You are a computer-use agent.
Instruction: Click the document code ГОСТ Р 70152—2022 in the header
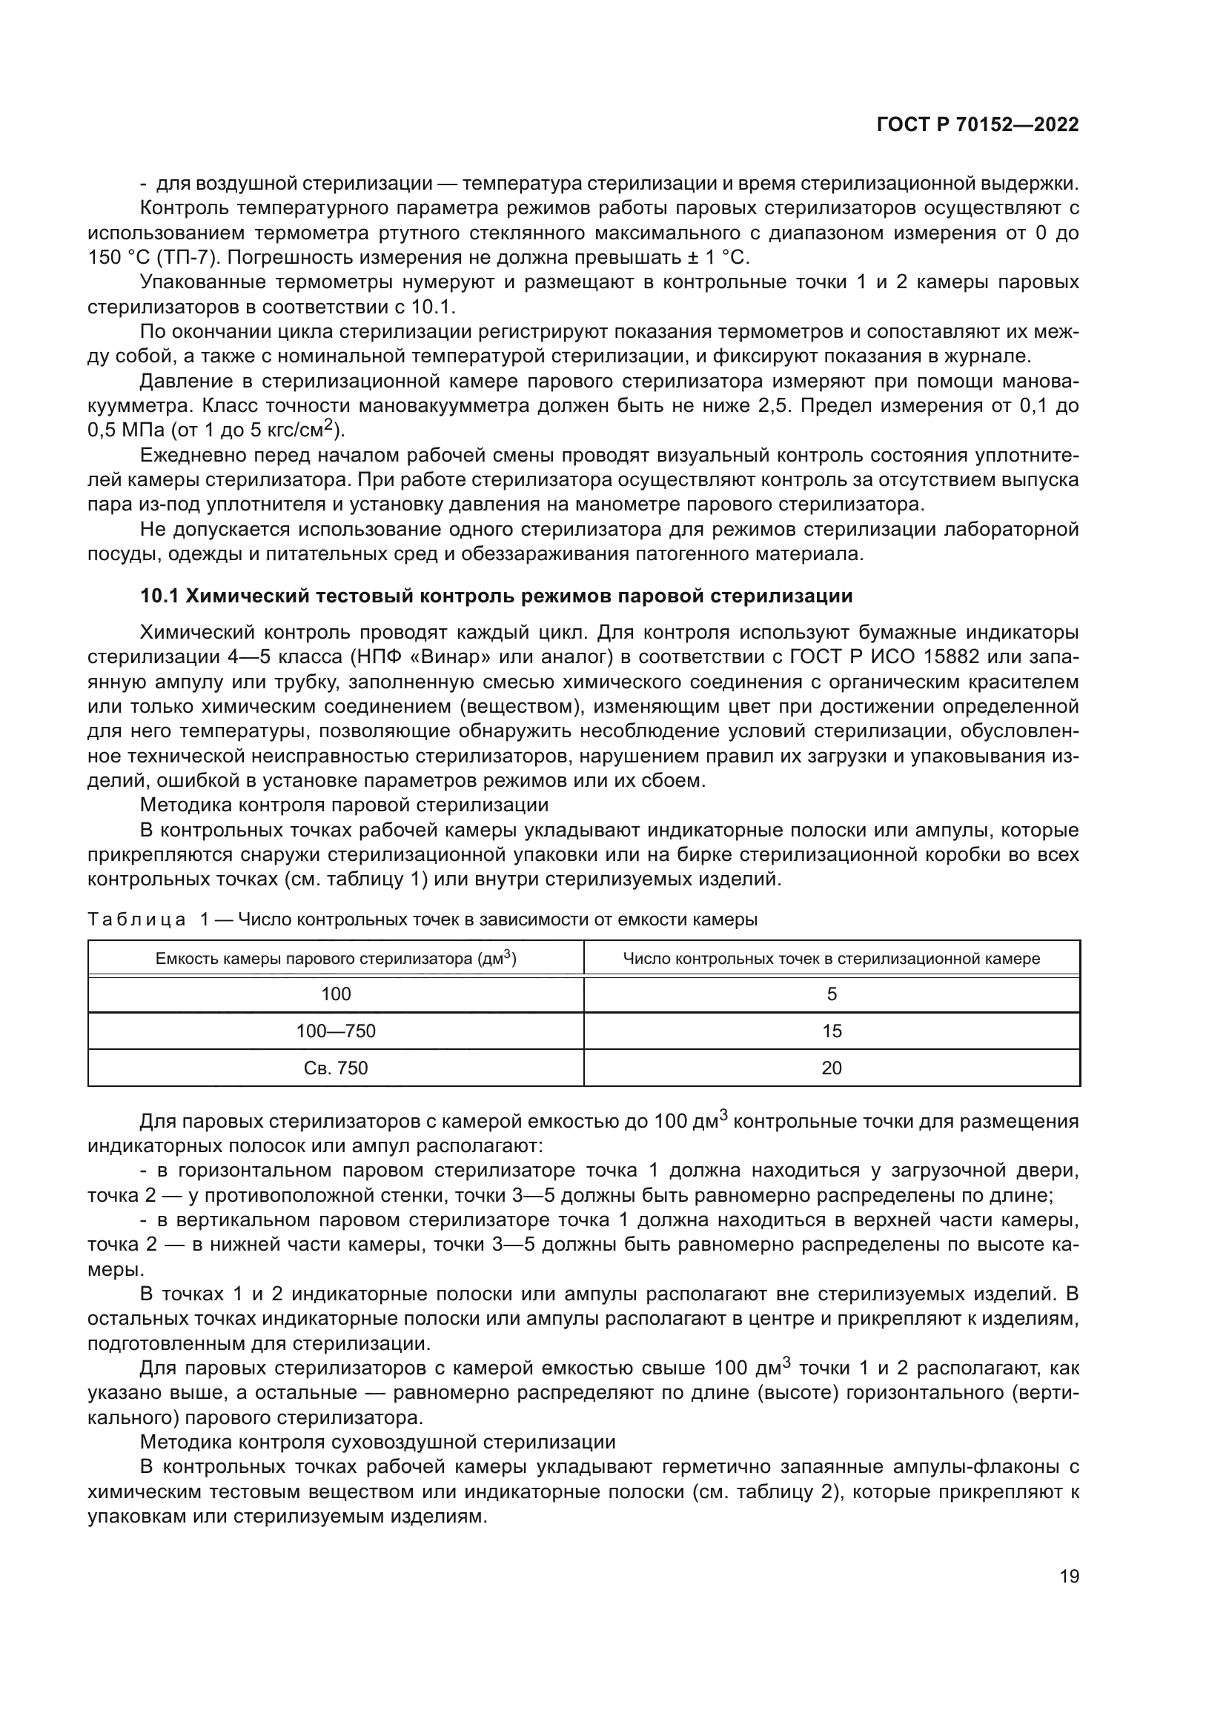click(977, 125)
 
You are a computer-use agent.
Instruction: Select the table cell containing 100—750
click(336, 1031)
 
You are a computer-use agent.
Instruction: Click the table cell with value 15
click(831, 1031)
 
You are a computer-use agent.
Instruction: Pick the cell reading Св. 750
click(336, 1068)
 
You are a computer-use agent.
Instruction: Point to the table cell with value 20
click(831, 1068)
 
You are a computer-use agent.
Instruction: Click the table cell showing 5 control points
click(831, 994)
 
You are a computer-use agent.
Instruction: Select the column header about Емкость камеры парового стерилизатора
click(336, 959)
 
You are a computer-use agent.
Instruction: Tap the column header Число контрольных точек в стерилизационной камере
click(831, 959)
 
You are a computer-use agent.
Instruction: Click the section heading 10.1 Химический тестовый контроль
click(496, 596)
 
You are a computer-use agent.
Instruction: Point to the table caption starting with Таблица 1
click(422, 919)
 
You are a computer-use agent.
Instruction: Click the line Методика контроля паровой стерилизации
click(344, 805)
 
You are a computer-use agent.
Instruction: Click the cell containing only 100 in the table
click(336, 994)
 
